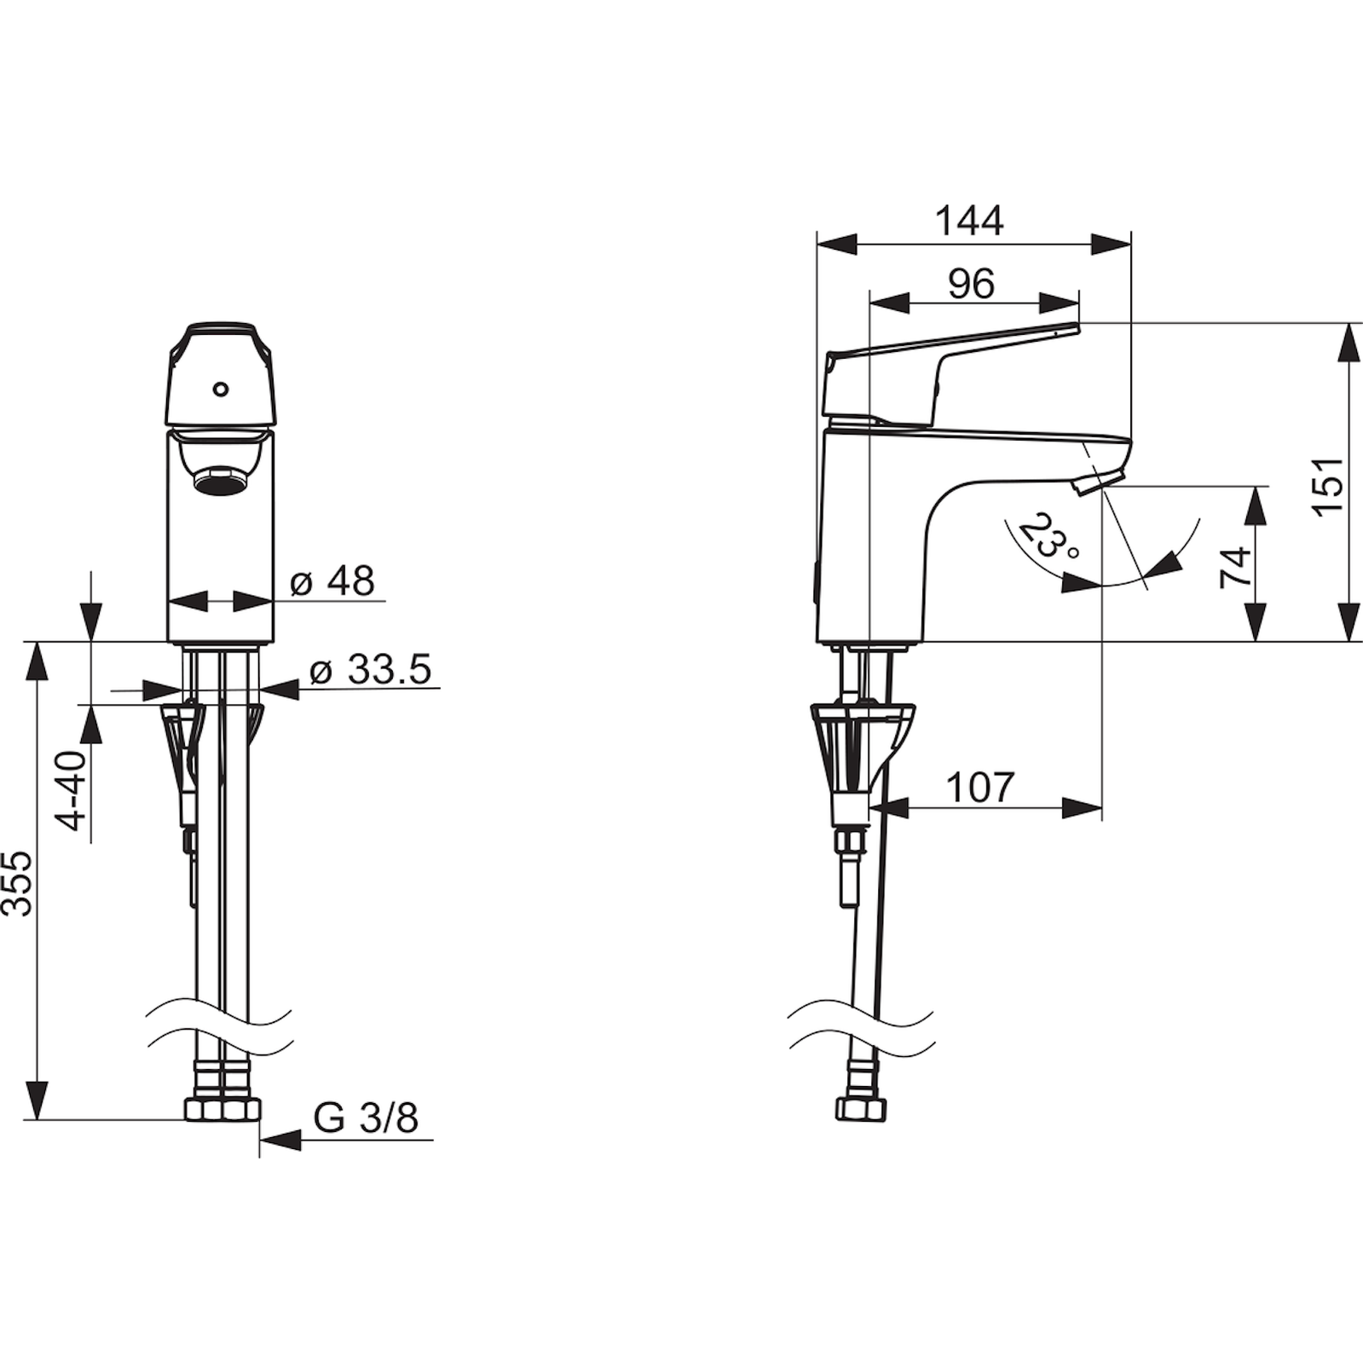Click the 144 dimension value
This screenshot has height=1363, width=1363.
pyautogui.click(x=969, y=222)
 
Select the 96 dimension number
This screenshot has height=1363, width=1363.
pyautogui.click(x=971, y=284)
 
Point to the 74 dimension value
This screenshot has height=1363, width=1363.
pyautogui.click(x=1235, y=566)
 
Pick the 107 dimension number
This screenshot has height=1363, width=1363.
pyautogui.click(x=980, y=788)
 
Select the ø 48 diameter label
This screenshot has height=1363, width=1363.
pyautogui.click(x=332, y=581)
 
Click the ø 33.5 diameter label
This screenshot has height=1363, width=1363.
pyautogui.click(x=370, y=671)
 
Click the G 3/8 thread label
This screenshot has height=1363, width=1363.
pyautogui.click(x=366, y=1118)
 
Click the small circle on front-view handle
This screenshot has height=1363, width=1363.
pyautogui.click(x=221, y=390)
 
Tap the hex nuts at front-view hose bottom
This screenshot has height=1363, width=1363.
pyautogui.click(x=222, y=1109)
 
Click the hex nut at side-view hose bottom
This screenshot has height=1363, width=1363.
pyautogui.click(x=860, y=1109)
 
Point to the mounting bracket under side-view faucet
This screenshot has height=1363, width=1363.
pyautogui.click(x=861, y=742)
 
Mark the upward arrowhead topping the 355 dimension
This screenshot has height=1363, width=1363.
pyautogui.click(x=37, y=660)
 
